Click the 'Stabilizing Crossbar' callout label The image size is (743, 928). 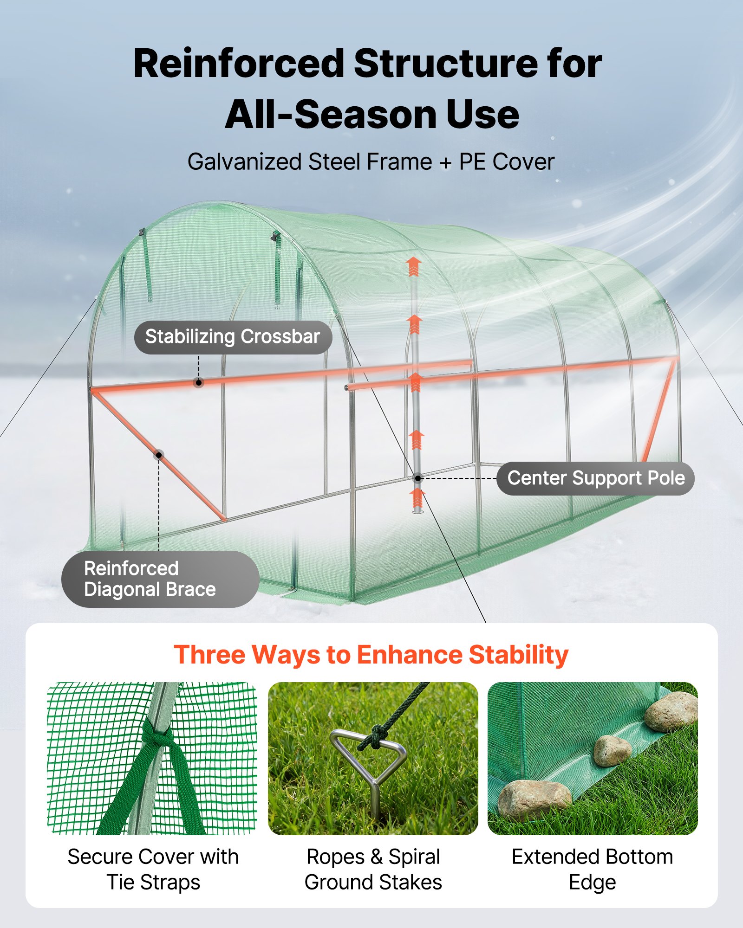(233, 337)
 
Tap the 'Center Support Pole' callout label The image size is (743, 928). (595, 478)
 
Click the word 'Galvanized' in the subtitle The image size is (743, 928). (245, 162)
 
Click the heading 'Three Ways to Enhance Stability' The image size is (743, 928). (371, 655)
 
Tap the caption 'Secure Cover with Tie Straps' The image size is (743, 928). (153, 869)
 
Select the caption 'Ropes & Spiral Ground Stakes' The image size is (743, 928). (373, 869)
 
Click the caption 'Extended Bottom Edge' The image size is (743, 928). (592, 869)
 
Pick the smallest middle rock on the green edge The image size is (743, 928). (612, 751)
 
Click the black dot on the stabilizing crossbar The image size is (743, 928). (199, 383)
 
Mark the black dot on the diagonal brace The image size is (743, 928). (159, 455)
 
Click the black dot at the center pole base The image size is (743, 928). (418, 478)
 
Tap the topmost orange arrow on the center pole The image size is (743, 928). (413, 266)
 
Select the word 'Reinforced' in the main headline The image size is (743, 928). (239, 64)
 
